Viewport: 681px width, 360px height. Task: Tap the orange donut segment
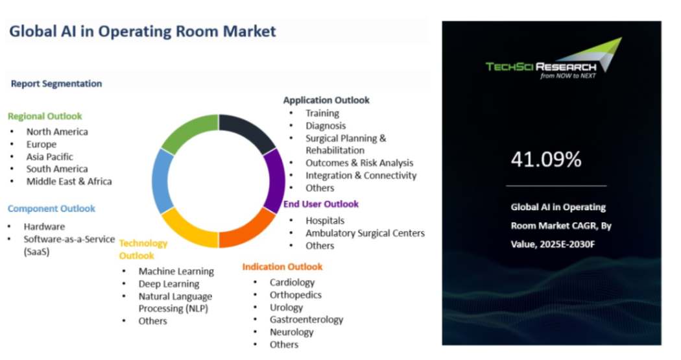point(249,229)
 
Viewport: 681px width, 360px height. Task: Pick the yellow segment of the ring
point(188,230)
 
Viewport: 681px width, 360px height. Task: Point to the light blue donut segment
point(160,181)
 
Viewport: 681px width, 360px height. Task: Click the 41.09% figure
point(546,160)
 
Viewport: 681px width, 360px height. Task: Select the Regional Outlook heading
point(45,116)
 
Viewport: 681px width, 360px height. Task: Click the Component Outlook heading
point(51,208)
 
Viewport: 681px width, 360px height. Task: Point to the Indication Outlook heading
point(282,267)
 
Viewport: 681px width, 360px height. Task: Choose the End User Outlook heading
point(321,204)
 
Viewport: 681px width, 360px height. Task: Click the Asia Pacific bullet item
point(49,157)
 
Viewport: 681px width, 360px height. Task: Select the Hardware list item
point(44,226)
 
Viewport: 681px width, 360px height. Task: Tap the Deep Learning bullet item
point(169,284)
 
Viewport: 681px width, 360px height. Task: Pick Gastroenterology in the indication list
point(306,320)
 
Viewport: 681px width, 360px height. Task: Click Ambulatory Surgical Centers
point(364,234)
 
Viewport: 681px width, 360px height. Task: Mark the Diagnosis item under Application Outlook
point(326,126)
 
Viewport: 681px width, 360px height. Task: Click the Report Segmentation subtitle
point(56,84)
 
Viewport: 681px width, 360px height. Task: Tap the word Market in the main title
point(249,31)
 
